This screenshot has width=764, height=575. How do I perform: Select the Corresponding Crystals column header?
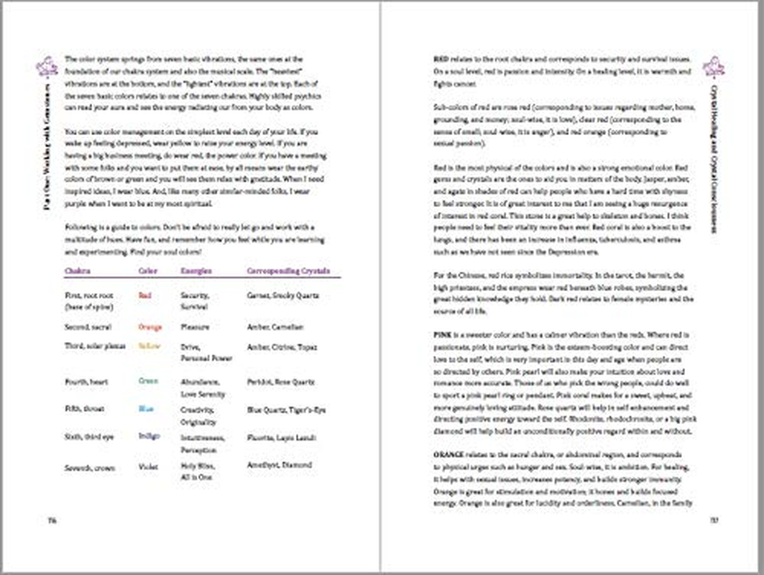tap(288, 272)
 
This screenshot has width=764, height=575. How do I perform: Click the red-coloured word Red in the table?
tap(144, 295)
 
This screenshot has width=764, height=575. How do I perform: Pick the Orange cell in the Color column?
tap(149, 327)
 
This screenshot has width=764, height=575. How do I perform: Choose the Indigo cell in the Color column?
tap(149, 436)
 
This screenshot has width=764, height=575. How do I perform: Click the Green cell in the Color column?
tap(148, 382)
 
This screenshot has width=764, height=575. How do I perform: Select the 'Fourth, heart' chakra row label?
tap(86, 382)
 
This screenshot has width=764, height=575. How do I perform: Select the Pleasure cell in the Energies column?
tap(195, 327)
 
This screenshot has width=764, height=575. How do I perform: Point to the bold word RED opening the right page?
tap(441, 58)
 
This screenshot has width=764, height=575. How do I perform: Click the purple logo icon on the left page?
tap(47, 66)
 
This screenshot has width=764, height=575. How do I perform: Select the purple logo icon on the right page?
tap(715, 66)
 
